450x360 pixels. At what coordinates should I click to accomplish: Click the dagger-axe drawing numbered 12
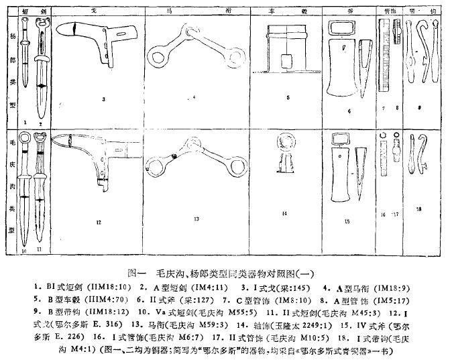click(94, 158)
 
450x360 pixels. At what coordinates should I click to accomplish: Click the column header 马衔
click(197, 12)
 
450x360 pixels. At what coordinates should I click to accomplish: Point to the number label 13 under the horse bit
click(196, 219)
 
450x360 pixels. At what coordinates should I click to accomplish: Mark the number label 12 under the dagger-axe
click(98, 222)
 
